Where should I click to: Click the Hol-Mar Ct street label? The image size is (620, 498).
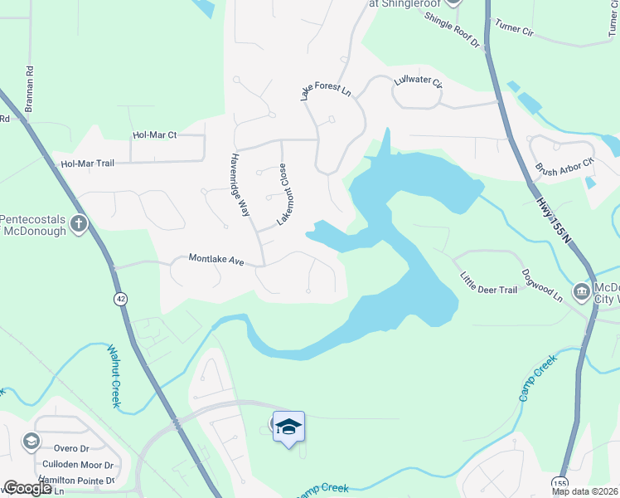155,134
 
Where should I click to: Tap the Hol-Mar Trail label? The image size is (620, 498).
87,164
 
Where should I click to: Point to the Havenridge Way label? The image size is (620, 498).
240,185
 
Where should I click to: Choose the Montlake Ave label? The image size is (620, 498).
216,259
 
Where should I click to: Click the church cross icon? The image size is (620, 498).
79,223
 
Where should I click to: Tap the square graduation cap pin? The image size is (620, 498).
288,427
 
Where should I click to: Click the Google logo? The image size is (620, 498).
27,488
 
